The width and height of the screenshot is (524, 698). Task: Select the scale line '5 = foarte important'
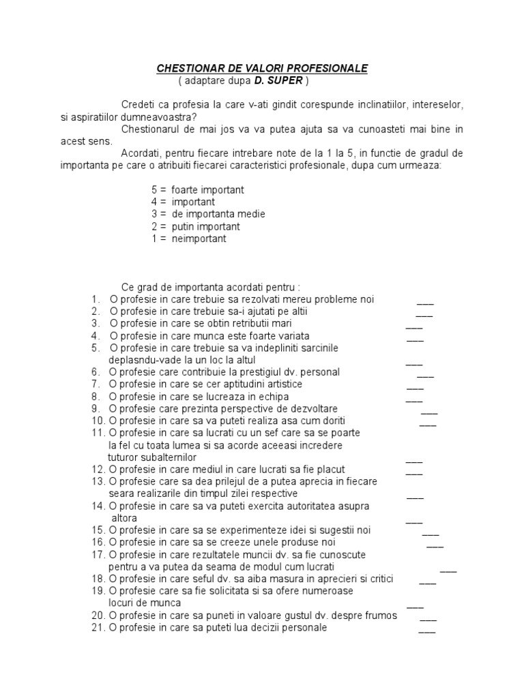coord(198,189)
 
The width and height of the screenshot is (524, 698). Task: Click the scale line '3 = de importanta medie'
coord(208,214)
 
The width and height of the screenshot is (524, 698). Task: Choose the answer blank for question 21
coord(427,631)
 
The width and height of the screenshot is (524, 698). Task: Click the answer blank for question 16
coord(435,545)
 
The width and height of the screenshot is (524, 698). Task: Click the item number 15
coord(96,530)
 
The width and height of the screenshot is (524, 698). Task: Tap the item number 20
coord(96,616)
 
